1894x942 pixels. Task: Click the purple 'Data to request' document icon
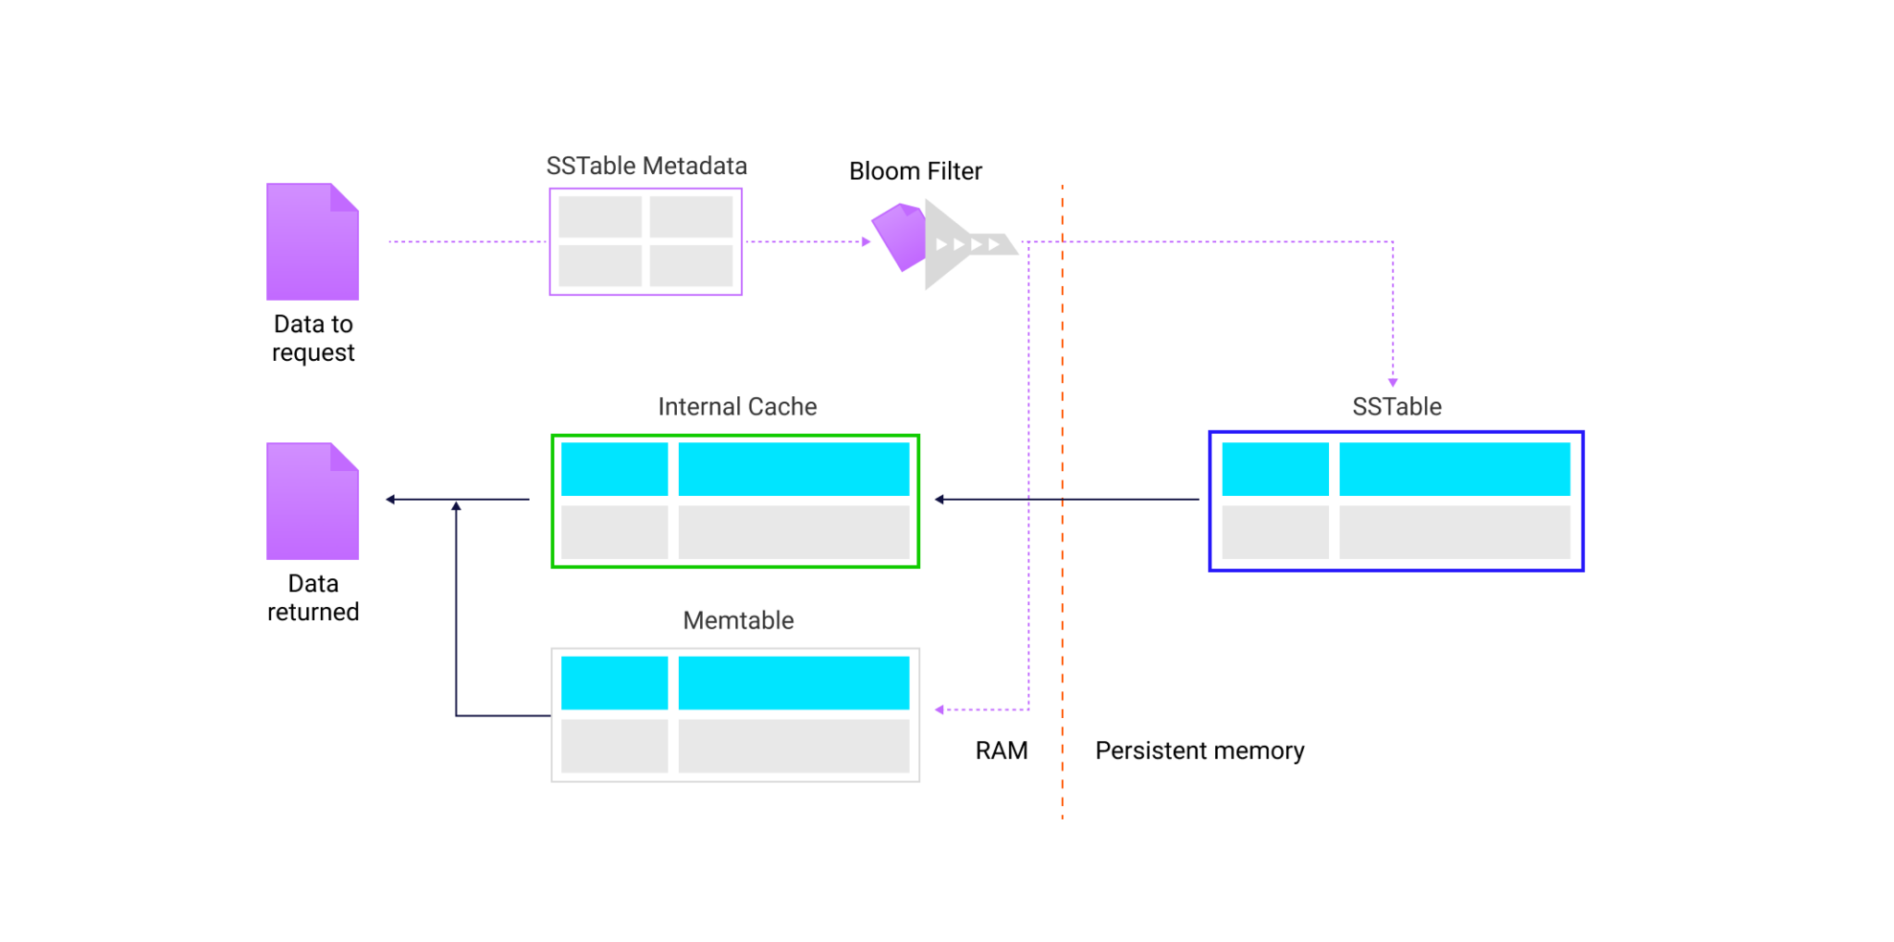click(313, 242)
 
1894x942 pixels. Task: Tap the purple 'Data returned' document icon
click(313, 502)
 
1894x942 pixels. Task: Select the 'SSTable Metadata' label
click(646, 167)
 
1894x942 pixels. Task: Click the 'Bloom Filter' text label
click(915, 171)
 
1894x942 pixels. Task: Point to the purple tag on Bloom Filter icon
click(899, 236)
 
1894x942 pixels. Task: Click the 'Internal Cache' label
click(737, 407)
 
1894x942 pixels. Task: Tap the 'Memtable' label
click(738, 621)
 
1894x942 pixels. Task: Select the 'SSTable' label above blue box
click(1396, 407)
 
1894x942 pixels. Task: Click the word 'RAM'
click(1001, 750)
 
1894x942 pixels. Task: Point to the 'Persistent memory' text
click(1199, 750)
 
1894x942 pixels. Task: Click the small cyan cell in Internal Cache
click(614, 469)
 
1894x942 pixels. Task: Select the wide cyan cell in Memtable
click(793, 683)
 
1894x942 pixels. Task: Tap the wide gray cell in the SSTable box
click(1454, 532)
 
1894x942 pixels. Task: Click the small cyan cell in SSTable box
click(1274, 469)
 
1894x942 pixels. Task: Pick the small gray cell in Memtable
click(614, 746)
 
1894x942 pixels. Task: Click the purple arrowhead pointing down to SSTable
click(1393, 382)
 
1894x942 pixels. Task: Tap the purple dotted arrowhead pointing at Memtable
click(940, 710)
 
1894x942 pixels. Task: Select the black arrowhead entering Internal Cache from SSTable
click(940, 500)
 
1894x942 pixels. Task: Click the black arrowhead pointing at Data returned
click(391, 500)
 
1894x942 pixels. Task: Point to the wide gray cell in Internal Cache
click(793, 532)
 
